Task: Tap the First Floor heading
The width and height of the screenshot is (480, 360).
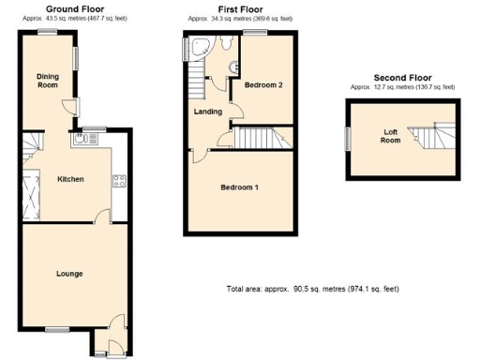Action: (226, 7)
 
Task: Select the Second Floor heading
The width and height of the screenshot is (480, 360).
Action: (402, 78)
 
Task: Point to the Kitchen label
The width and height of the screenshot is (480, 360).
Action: (71, 178)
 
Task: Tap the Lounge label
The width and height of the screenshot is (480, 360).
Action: (68, 274)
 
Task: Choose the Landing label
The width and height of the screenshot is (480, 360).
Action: (208, 112)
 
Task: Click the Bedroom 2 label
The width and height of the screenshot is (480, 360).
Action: (264, 85)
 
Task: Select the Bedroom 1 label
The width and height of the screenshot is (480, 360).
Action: (240, 187)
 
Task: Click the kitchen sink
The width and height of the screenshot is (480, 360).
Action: (83, 140)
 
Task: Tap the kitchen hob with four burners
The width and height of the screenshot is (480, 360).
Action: (119, 182)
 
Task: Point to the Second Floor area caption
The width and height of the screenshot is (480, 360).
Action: (402, 87)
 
